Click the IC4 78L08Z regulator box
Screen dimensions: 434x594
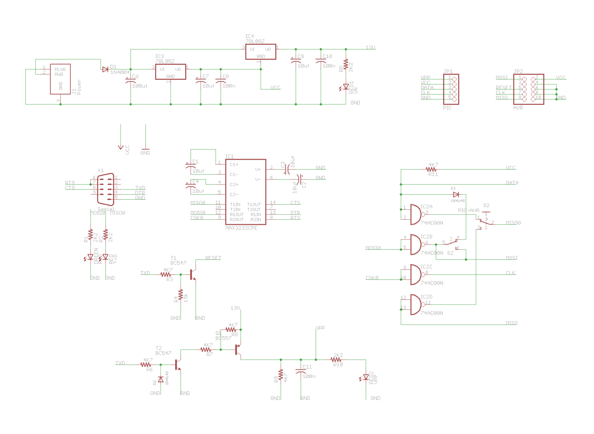[x=260, y=51]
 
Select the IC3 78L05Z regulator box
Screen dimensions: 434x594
[x=170, y=72]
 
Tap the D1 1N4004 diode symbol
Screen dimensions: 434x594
[x=105, y=69]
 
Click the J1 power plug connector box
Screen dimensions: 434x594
[x=60, y=79]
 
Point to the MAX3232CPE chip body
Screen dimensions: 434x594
[x=246, y=191]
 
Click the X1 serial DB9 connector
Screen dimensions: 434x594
[x=105, y=189]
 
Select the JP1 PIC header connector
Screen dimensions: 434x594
[x=451, y=89]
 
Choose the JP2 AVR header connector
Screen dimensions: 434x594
[x=528, y=89]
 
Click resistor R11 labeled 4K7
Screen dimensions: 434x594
[x=431, y=169]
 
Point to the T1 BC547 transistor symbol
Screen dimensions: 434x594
[x=193, y=275]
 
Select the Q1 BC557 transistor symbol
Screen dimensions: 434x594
[x=238, y=350]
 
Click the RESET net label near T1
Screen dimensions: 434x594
[x=213, y=258]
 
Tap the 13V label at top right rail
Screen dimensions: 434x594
[x=370, y=48]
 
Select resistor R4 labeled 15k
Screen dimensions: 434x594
[x=181, y=295]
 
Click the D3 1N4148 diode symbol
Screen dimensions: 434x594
[x=456, y=195]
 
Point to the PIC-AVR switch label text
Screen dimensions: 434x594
[x=468, y=210]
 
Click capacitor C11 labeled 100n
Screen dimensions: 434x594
[x=301, y=371]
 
